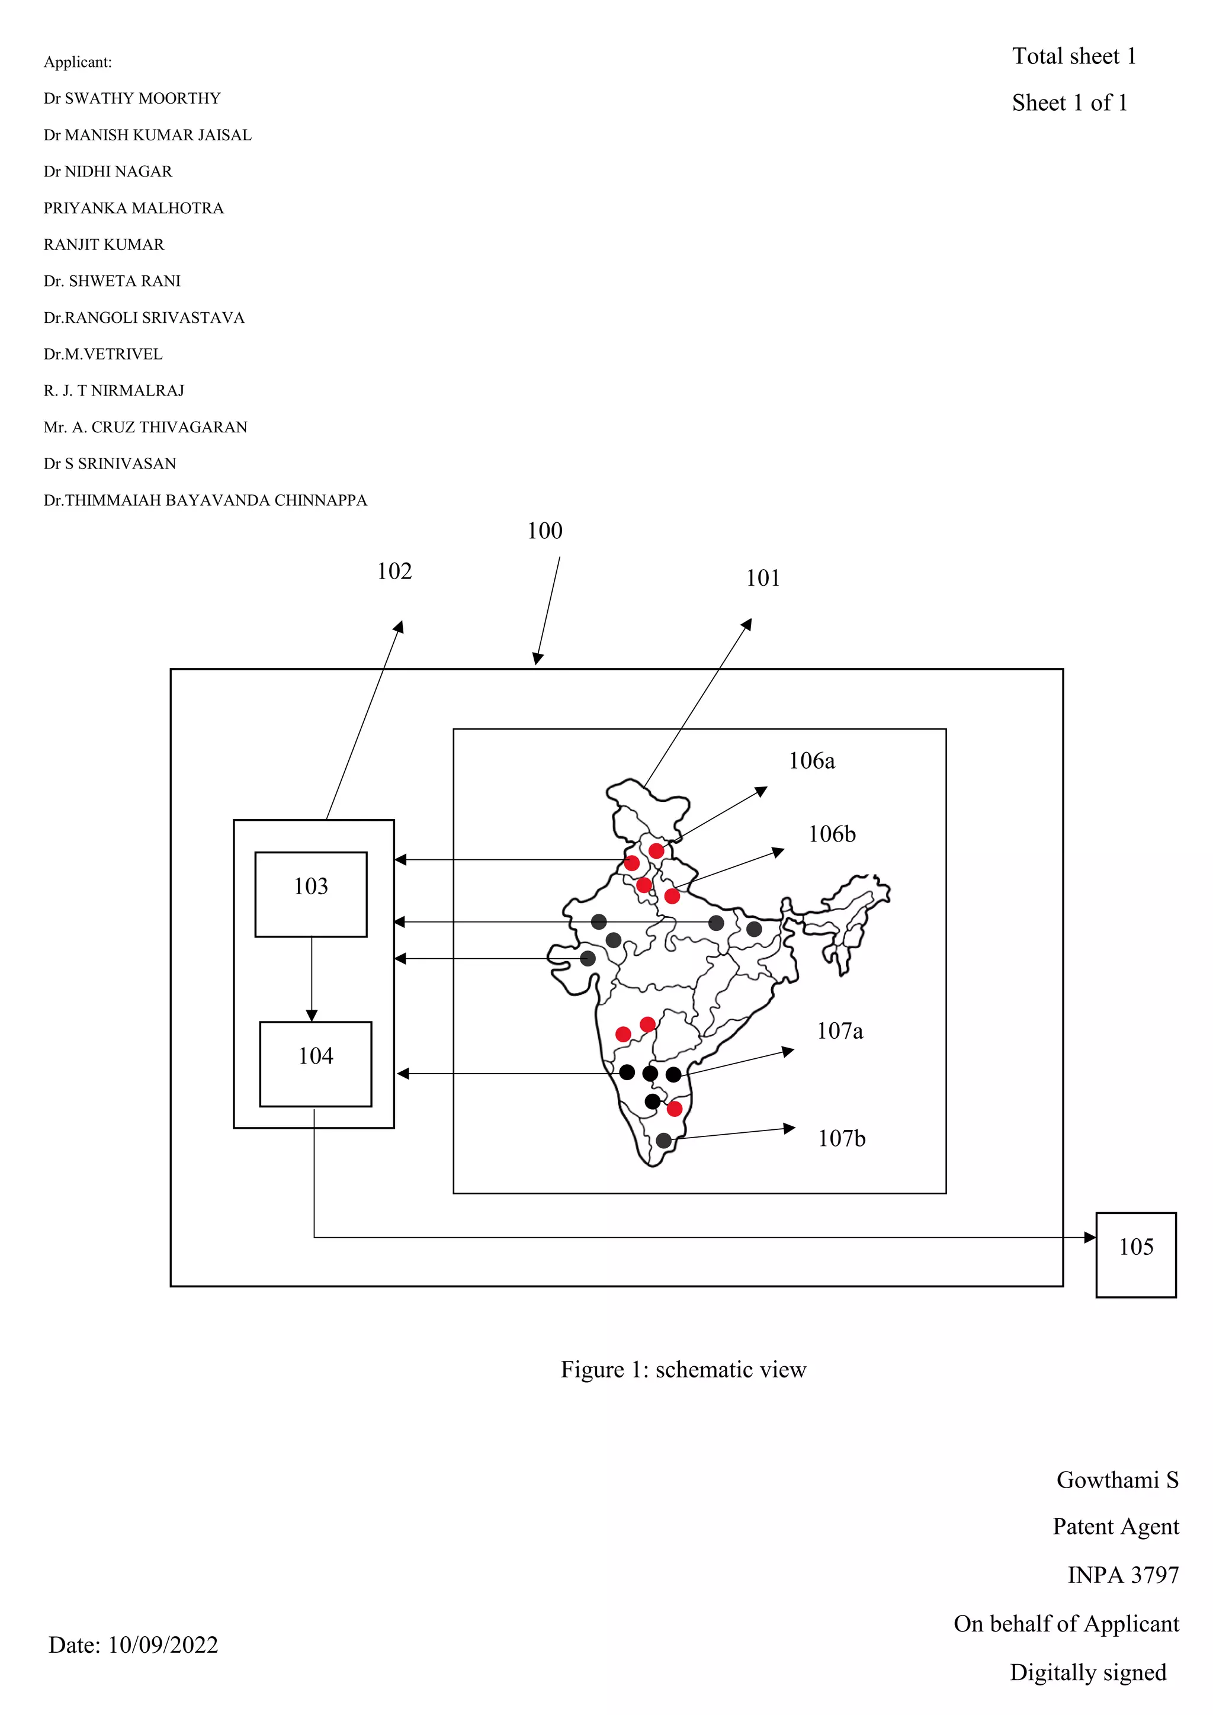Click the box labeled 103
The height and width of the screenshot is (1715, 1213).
click(311, 894)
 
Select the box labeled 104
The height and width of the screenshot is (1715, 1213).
click(315, 1064)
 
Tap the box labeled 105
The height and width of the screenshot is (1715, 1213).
click(1135, 1255)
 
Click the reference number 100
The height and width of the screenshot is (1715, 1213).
click(544, 531)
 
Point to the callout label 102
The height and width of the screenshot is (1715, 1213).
click(394, 571)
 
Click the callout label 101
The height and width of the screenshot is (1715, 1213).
click(763, 578)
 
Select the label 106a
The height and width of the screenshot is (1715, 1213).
click(812, 761)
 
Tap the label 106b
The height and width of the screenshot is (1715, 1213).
click(832, 834)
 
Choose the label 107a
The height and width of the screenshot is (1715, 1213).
click(839, 1032)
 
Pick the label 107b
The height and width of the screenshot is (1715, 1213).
click(842, 1139)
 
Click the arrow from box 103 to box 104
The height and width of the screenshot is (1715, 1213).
click(312, 978)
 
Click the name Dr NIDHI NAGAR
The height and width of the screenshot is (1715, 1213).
click(108, 172)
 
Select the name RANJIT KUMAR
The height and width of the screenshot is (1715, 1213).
click(104, 245)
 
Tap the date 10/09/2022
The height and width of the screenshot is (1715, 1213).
click(163, 1645)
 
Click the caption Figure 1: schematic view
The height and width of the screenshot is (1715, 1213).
click(683, 1370)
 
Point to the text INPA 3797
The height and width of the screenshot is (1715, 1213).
click(1122, 1575)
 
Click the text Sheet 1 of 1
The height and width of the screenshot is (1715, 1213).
click(1070, 102)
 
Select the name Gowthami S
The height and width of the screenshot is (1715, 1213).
click(1116, 1480)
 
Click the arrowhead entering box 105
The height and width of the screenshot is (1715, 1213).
click(1090, 1238)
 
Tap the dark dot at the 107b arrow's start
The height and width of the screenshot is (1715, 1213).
click(663, 1141)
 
